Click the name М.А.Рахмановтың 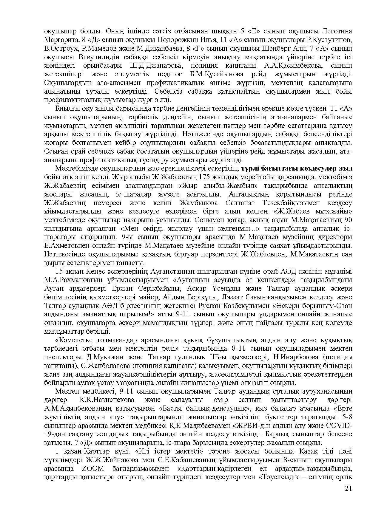coord(70,280)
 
